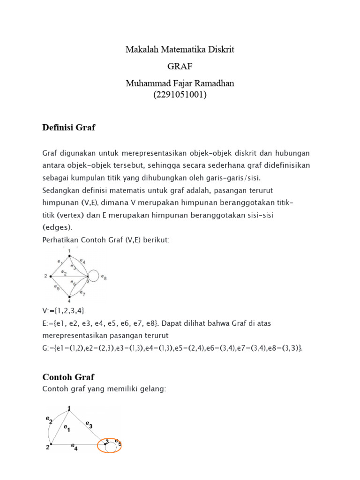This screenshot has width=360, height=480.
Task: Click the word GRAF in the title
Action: click(180, 66)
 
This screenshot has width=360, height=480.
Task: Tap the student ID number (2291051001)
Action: click(180, 94)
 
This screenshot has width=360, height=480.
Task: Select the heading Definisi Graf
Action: click(68, 127)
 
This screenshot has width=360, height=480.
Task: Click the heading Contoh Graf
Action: click(68, 377)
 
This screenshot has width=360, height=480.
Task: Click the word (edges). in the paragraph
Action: click(57, 227)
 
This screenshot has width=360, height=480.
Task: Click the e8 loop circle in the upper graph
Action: click(93, 276)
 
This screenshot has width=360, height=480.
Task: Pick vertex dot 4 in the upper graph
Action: click(69, 297)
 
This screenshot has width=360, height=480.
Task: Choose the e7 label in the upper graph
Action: click(82, 293)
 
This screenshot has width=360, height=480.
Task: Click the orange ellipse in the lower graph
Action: click(109, 445)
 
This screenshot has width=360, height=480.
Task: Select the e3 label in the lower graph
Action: click(89, 426)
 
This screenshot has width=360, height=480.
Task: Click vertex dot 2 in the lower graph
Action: click(51, 443)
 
